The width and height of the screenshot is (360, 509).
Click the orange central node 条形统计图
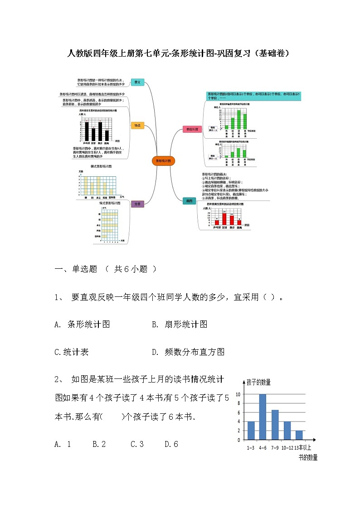[x=163, y=161]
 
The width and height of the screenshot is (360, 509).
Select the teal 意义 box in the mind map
[x=137, y=82]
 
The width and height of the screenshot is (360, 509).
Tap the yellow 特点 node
[x=137, y=126]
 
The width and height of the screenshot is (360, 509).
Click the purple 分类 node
[x=137, y=204]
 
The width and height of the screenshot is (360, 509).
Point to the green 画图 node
[x=190, y=201]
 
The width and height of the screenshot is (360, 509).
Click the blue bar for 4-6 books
[x=263, y=417]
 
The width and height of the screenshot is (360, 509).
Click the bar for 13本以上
[x=299, y=435]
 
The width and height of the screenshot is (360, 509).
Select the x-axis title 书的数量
[x=308, y=458]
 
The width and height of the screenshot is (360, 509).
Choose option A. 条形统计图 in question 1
[x=82, y=325]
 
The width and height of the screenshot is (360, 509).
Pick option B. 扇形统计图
[x=180, y=325]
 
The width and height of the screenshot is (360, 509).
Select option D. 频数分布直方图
[x=188, y=352]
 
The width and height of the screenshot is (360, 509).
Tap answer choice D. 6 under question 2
[x=171, y=444]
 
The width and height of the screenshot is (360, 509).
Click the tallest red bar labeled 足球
[x=224, y=218]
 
